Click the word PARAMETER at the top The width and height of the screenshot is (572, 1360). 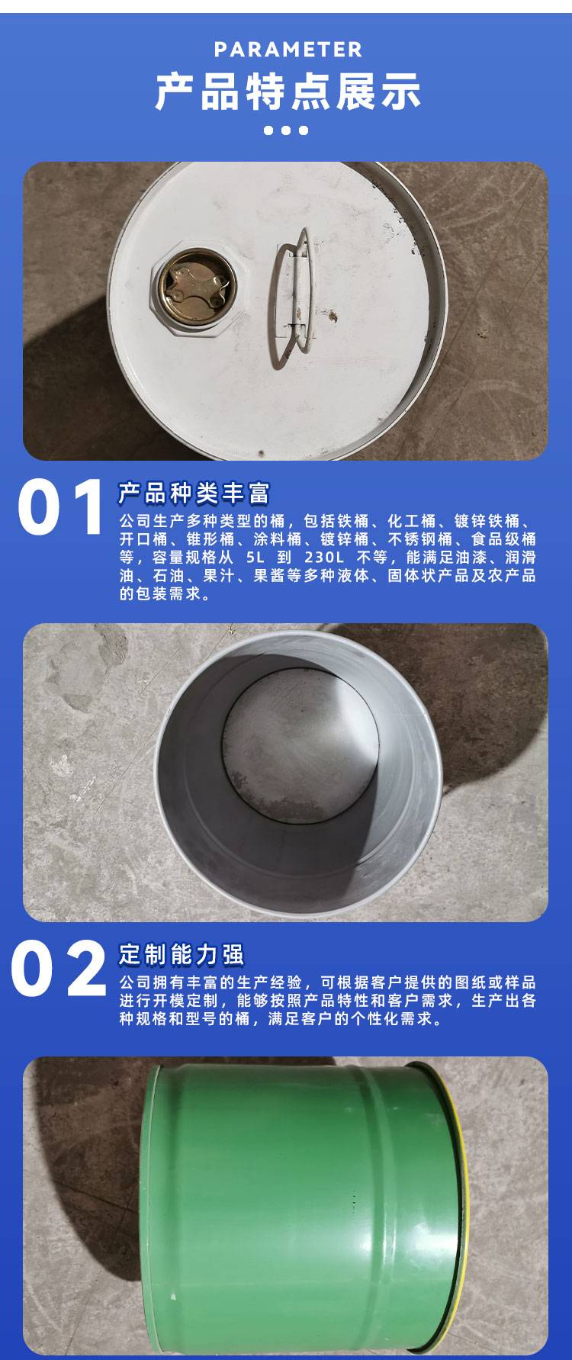point(288,50)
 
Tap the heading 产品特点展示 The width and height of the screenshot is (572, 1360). point(288,92)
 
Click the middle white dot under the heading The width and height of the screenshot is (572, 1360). point(286,130)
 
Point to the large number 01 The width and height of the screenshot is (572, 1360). point(61,507)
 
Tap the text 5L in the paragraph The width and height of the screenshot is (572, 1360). point(255,558)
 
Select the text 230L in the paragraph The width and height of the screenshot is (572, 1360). point(324,558)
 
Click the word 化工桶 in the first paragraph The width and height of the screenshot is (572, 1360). point(413,521)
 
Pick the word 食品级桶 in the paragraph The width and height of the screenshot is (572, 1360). point(503,539)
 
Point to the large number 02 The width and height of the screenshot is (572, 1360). point(59,969)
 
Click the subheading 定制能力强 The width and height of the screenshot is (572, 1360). point(181,954)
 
